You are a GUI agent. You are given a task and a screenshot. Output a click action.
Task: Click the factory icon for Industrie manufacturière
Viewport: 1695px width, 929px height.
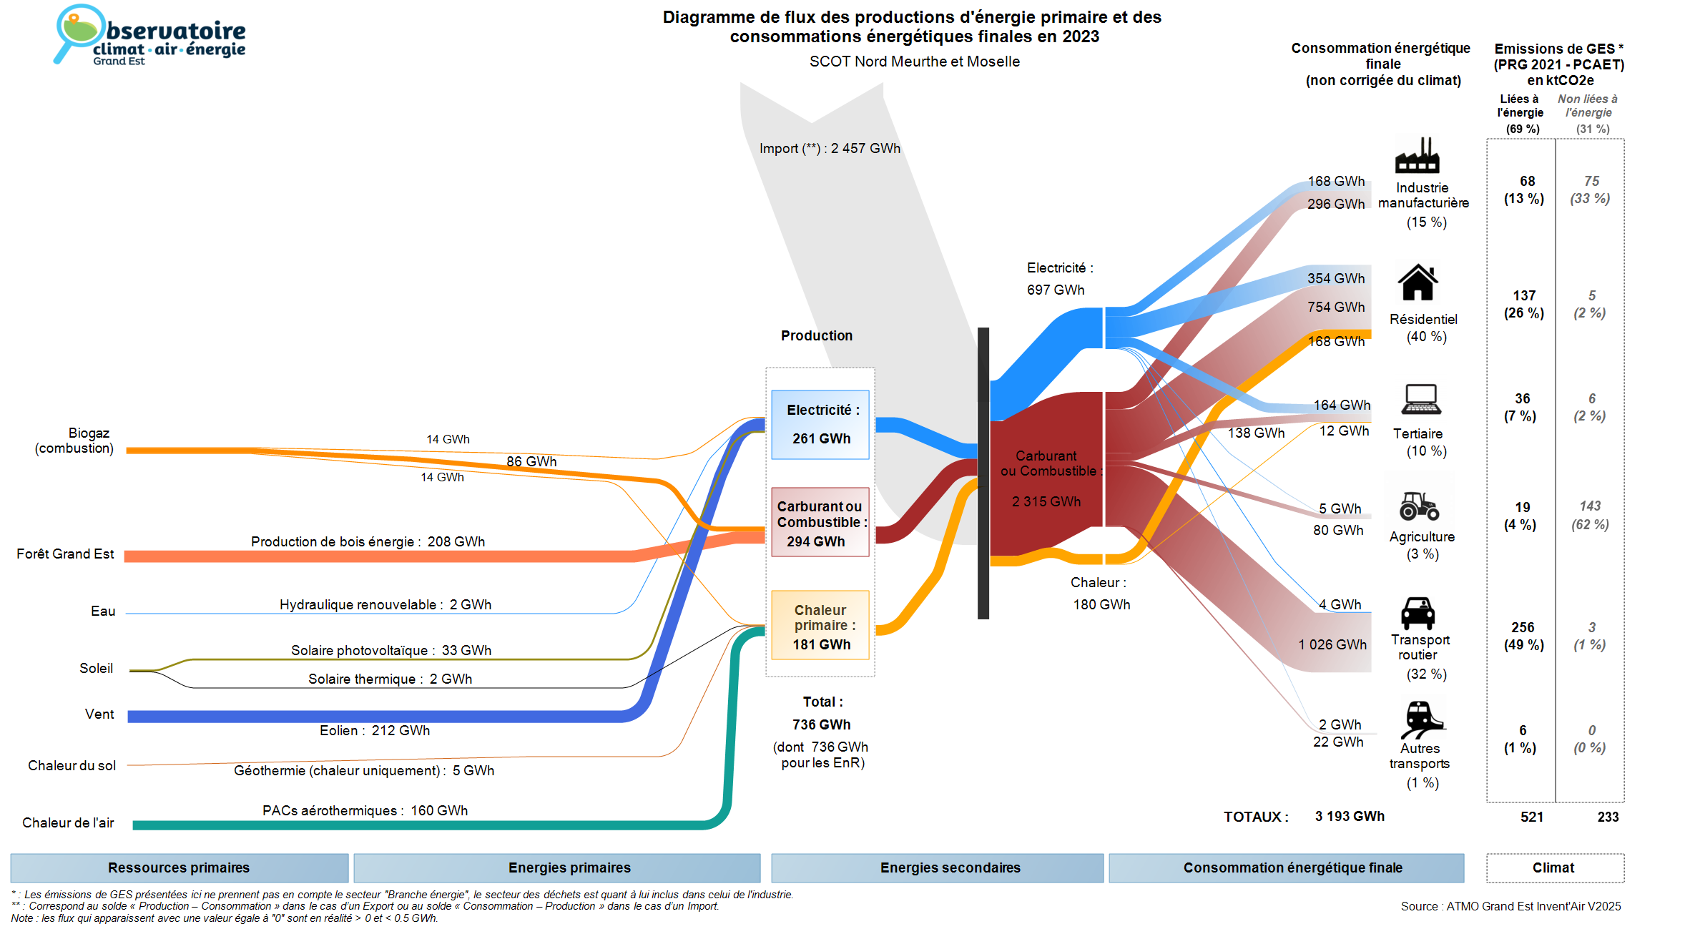1417,155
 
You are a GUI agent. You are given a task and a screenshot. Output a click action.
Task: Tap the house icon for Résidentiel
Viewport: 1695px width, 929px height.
1418,283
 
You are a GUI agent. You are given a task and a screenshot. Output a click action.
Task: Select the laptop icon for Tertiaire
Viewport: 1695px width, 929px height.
1420,399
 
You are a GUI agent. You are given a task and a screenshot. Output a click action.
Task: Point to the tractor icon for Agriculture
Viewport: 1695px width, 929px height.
1419,506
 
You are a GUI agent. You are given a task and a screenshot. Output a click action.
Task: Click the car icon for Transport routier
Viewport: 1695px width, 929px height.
1418,613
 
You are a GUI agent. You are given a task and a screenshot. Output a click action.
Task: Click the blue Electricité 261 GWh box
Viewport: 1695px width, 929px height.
820,424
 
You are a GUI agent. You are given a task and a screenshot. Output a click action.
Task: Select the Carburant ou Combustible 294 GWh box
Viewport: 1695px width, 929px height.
820,522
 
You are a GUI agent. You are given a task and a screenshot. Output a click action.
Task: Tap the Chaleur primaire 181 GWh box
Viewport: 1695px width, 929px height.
820,625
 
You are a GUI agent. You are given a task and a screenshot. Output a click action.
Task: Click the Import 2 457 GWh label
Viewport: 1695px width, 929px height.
830,149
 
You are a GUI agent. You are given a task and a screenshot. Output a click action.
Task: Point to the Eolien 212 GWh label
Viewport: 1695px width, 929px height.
375,731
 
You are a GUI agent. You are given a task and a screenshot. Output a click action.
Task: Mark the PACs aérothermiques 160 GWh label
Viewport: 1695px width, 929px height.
365,811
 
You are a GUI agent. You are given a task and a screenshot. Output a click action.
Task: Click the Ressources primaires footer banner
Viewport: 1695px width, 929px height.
179,867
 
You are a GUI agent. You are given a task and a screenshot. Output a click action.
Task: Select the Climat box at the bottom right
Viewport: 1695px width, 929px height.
1554,867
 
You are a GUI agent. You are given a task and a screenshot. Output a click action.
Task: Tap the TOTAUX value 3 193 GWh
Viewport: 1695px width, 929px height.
1350,817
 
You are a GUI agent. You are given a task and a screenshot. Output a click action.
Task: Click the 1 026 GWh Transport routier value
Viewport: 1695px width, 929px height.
1332,645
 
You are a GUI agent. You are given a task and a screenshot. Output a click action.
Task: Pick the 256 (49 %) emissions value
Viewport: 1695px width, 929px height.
1523,636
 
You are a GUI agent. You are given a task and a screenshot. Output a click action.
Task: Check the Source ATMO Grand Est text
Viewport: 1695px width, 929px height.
1510,907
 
